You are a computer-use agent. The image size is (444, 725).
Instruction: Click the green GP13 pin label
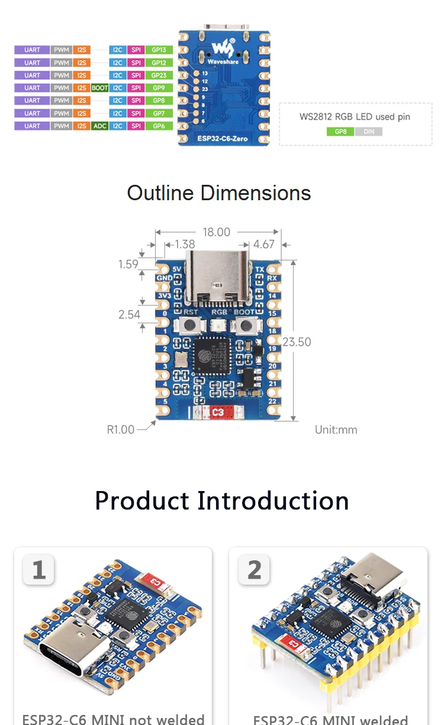tap(159, 50)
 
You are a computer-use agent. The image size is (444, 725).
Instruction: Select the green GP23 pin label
tap(159, 75)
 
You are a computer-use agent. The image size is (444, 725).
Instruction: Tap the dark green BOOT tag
tap(99, 88)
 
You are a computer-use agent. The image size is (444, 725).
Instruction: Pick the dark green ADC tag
tap(99, 126)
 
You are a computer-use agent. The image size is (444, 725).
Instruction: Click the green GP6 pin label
tap(159, 126)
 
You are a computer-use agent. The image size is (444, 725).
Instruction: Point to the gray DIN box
tap(368, 131)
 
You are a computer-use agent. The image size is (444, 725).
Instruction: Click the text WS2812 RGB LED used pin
tap(355, 117)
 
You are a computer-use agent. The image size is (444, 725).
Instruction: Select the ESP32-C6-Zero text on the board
tap(224, 138)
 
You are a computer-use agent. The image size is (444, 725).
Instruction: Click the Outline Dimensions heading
tap(219, 193)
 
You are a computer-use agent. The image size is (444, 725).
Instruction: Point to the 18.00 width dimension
tap(216, 232)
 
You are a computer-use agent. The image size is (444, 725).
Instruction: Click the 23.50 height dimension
tap(297, 342)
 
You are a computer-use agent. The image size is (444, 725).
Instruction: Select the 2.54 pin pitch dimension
tap(129, 314)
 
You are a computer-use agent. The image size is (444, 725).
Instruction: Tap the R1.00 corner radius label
tap(121, 429)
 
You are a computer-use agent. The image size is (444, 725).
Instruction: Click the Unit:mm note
tap(336, 429)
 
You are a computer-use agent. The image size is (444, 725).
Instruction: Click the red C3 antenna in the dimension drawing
tap(217, 412)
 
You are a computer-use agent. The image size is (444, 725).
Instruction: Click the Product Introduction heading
tap(222, 501)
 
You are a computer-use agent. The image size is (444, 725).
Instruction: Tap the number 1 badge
tap(39, 570)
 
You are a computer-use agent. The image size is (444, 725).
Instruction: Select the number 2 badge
tap(254, 570)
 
